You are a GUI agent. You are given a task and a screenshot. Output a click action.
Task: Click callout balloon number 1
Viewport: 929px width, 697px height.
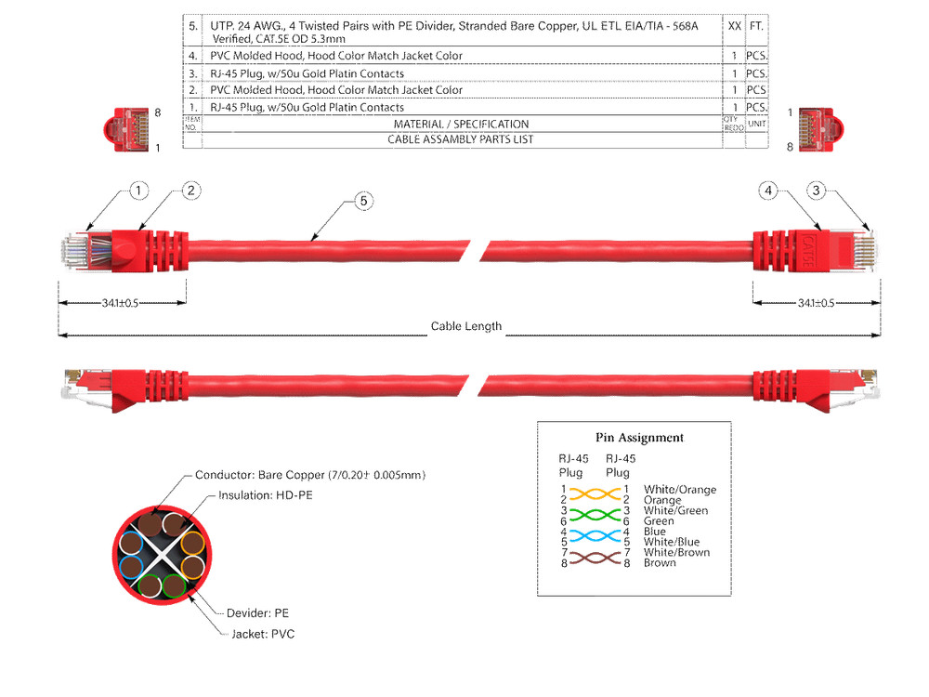tap(137, 191)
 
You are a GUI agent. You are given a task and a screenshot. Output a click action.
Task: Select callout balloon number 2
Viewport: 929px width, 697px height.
tap(190, 191)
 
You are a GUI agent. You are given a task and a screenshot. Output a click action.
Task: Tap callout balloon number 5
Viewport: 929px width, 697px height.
tap(363, 201)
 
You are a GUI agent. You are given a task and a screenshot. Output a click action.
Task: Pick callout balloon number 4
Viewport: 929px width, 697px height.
tap(767, 191)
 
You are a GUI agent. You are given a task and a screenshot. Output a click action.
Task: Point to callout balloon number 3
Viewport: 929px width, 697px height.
tap(816, 191)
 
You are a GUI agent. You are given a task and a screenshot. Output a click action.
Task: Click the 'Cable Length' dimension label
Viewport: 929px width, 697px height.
tap(465, 326)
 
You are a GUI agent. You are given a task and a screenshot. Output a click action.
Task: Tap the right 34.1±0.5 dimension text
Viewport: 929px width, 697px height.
tap(816, 303)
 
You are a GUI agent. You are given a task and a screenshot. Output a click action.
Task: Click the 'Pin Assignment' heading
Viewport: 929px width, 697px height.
tap(639, 438)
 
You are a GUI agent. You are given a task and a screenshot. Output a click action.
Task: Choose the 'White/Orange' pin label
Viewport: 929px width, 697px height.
tap(680, 490)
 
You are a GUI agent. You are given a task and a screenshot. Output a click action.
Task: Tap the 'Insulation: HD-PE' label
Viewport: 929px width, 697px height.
tap(265, 495)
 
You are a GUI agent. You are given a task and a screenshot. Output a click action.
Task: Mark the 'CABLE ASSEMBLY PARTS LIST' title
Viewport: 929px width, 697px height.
tap(461, 139)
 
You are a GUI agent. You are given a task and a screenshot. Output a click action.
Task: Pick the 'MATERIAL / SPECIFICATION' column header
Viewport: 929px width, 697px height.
tap(461, 124)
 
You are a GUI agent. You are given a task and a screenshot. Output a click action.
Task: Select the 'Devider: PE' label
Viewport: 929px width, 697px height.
tap(257, 613)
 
